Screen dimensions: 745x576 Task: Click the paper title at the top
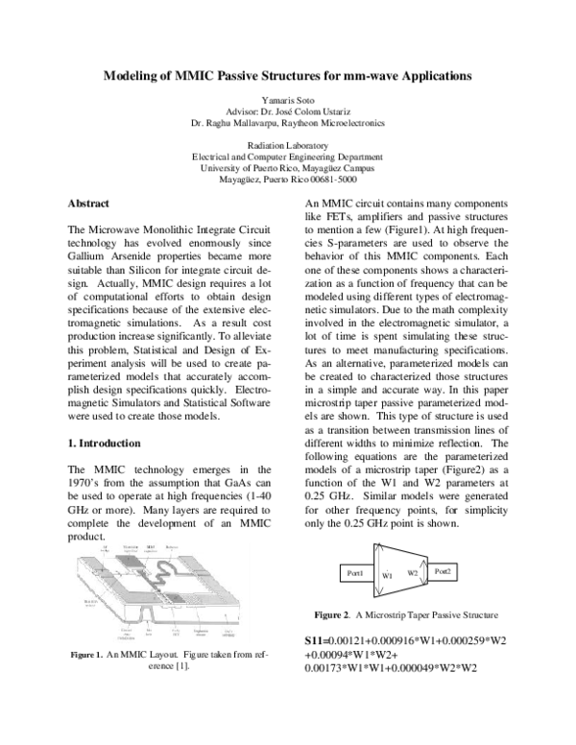(x=287, y=74)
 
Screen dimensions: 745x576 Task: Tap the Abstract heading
(x=88, y=204)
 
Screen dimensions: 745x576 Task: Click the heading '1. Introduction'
(x=106, y=445)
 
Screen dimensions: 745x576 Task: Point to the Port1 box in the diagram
(x=352, y=572)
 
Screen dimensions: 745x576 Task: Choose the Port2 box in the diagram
(x=443, y=571)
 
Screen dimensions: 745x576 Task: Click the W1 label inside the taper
(x=388, y=575)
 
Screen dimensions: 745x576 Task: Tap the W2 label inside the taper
(x=413, y=572)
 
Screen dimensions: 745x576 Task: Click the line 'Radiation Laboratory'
(x=287, y=144)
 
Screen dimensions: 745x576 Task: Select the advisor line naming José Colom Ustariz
(x=287, y=110)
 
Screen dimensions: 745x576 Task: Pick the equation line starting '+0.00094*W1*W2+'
(x=351, y=656)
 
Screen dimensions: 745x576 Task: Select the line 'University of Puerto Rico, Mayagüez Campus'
(x=287, y=167)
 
